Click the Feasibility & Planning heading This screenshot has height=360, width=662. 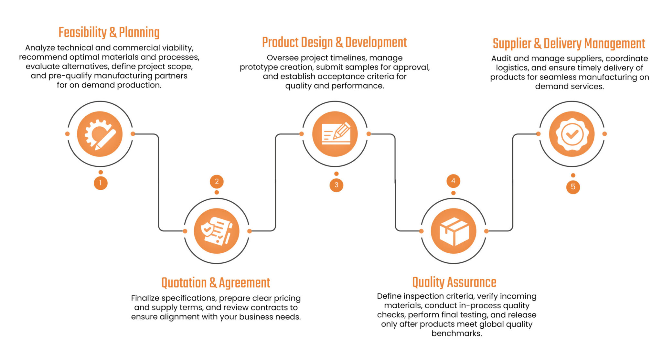click(x=109, y=33)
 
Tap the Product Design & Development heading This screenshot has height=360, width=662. click(x=335, y=43)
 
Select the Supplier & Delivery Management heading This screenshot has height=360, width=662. click(x=569, y=44)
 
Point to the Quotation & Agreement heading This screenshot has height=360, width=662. click(x=216, y=283)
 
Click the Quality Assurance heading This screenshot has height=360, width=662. click(x=454, y=282)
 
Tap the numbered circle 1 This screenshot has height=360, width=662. click(x=101, y=183)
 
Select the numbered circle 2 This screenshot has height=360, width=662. click(x=217, y=182)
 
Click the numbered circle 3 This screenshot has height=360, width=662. click(x=336, y=185)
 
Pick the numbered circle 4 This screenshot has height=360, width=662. click(x=453, y=181)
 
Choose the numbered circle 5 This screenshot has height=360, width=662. click(x=573, y=187)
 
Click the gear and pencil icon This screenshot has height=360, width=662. click(x=100, y=134)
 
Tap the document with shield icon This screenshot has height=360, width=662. click(x=217, y=231)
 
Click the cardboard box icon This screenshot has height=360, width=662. click(x=454, y=231)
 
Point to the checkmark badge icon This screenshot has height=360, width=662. click(x=572, y=134)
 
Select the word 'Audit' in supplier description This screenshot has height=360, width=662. click(x=501, y=58)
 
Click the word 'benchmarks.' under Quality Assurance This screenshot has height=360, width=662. click(x=457, y=333)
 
